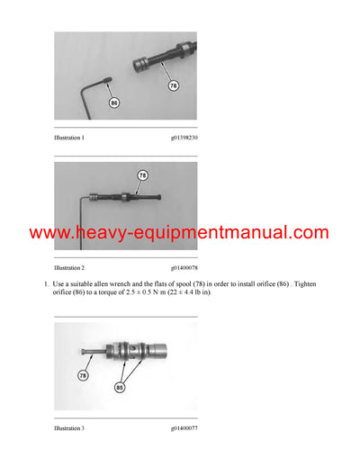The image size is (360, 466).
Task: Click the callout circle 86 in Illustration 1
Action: click(x=114, y=104)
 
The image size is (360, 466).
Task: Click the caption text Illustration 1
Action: click(x=69, y=137)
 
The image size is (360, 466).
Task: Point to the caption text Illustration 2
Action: click(x=69, y=268)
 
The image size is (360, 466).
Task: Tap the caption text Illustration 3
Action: click(x=69, y=428)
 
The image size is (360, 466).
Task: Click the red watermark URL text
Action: click(x=179, y=233)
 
